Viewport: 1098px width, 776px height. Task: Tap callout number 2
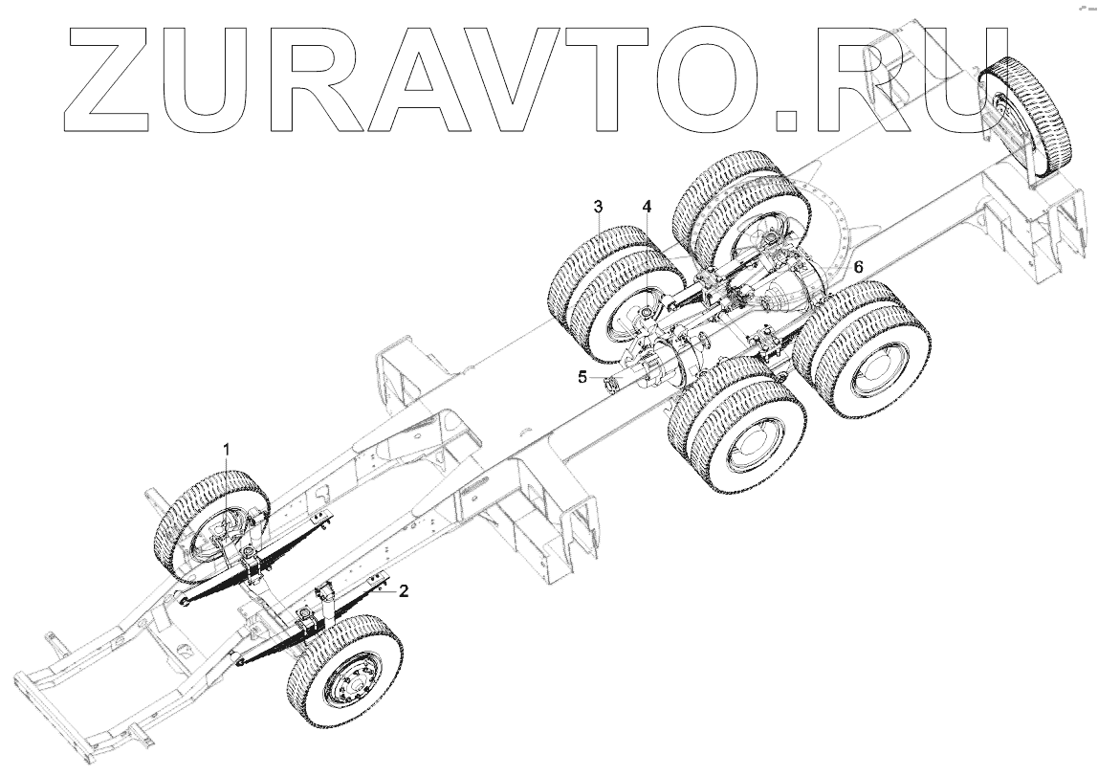(404, 591)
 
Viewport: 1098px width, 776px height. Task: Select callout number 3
(598, 207)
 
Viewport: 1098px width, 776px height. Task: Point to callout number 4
(647, 207)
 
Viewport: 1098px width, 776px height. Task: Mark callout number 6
(858, 268)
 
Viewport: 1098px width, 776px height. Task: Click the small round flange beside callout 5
(605, 386)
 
